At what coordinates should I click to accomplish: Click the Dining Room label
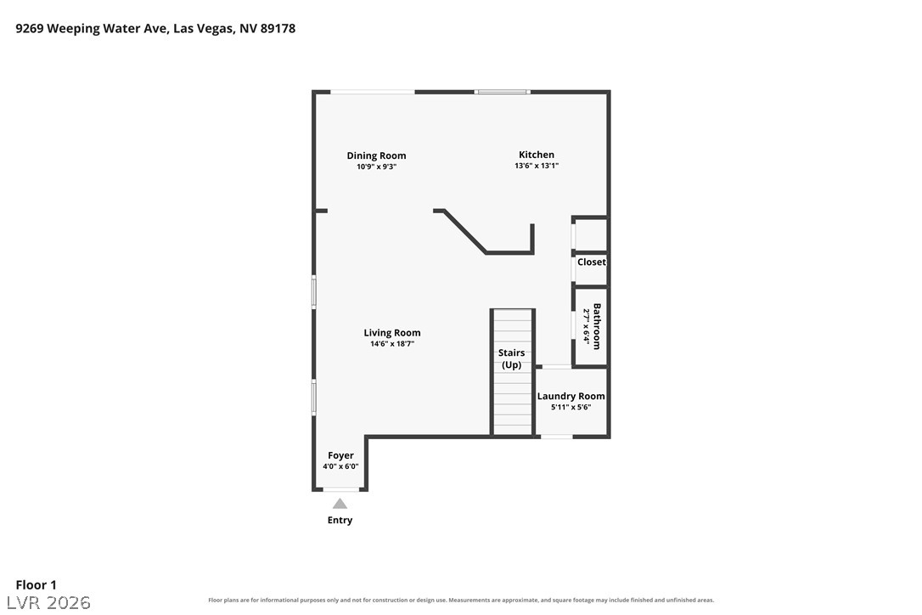point(376,155)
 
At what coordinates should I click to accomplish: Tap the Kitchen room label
point(537,155)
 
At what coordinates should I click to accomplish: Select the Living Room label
point(392,332)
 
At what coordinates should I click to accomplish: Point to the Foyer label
point(340,455)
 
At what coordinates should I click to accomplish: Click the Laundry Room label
point(571,396)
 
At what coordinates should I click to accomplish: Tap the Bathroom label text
point(597,327)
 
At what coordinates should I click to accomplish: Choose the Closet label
point(592,262)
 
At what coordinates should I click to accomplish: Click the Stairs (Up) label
point(512,358)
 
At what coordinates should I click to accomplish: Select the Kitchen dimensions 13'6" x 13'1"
point(537,166)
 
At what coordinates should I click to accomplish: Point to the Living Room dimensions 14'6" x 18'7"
point(392,344)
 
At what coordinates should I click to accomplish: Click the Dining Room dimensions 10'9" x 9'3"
point(376,166)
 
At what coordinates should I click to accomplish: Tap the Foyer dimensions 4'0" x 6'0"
point(340,466)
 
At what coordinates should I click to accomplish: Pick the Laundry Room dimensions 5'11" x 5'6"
point(571,407)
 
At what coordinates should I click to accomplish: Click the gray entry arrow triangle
point(340,505)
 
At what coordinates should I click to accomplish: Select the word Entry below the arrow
point(340,520)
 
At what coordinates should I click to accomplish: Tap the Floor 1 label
point(36,585)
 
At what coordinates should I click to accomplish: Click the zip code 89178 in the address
point(278,28)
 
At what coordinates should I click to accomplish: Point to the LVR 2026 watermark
point(48,602)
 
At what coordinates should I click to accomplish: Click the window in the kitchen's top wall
point(502,92)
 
